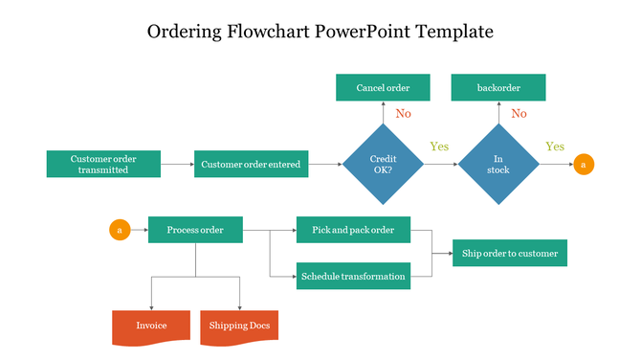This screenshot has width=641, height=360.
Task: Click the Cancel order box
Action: pos(383,87)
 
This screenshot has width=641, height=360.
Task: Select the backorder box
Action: pos(498,87)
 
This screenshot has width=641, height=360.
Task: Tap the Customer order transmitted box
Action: pos(103,164)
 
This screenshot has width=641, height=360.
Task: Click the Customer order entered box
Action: pos(251,164)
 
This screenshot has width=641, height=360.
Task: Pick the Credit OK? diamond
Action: pos(383,164)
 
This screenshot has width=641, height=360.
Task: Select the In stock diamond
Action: pos(498,164)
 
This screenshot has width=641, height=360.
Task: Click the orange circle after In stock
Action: pos(584,164)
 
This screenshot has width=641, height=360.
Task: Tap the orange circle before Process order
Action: pos(120,230)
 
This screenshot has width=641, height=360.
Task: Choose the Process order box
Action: pos(195,230)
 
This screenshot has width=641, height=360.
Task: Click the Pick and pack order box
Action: pos(352,230)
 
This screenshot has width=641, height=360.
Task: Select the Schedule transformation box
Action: pos(352,277)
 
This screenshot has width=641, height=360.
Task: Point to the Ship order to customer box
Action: pos(510,253)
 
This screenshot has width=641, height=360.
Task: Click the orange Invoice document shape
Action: pos(151,326)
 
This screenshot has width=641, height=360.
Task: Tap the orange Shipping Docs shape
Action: pos(239,326)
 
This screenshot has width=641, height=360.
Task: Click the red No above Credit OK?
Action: pos(403,114)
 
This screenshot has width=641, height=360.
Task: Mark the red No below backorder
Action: pos(519,114)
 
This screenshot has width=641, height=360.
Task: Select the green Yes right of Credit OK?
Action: pos(439,146)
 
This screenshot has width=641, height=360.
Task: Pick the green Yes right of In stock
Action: pos(555,146)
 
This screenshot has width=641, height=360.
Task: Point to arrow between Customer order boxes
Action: pos(177,164)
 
